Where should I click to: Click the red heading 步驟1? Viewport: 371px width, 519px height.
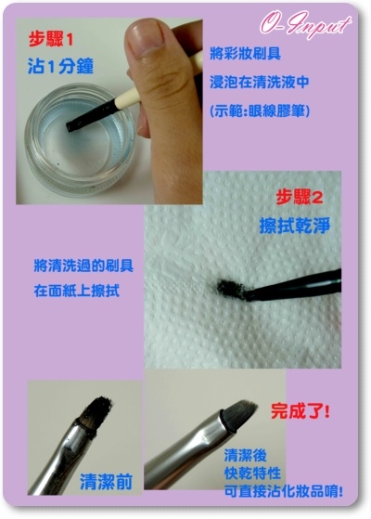[51, 40]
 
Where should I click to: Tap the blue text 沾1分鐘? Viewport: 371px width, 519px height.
[60, 66]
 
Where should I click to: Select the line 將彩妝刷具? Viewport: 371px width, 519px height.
[246, 53]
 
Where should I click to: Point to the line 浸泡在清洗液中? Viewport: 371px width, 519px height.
[260, 82]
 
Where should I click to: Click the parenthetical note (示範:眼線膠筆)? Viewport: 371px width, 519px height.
[260, 110]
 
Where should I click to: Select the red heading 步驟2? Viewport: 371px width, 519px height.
[300, 198]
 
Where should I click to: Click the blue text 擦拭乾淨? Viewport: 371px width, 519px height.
[295, 226]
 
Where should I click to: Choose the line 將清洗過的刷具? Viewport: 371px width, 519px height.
[83, 266]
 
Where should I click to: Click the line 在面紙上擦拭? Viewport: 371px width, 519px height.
[77, 291]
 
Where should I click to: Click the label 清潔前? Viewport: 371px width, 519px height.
[106, 482]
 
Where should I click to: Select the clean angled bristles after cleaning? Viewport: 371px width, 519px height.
[240, 415]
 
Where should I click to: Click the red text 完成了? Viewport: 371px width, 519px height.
[300, 411]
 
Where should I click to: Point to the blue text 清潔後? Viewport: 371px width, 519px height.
[246, 455]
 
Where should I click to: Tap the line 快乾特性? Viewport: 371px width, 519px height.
[252, 474]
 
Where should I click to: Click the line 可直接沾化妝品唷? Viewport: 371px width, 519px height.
[284, 491]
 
